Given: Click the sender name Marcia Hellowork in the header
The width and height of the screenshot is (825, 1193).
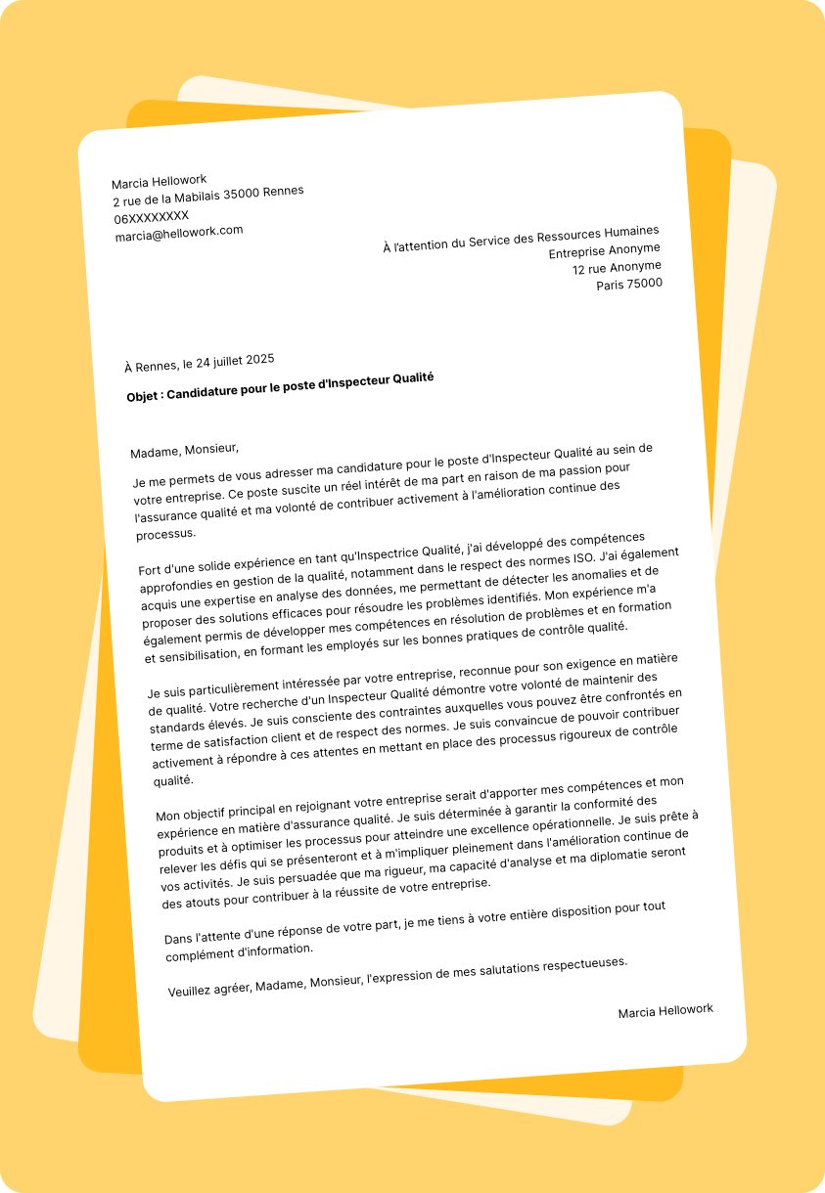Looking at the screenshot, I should pyautogui.click(x=159, y=182).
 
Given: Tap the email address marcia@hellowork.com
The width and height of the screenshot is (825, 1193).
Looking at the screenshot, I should pyautogui.click(x=178, y=233).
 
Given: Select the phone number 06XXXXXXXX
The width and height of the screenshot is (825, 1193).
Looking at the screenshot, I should pyautogui.click(x=151, y=216).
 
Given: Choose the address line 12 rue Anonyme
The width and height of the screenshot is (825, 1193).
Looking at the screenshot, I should pyautogui.click(x=617, y=267).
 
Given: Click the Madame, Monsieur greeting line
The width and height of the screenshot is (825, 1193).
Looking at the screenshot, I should pyautogui.click(x=184, y=450).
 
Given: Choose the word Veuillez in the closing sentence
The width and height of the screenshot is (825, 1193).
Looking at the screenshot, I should pyautogui.click(x=192, y=990).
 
